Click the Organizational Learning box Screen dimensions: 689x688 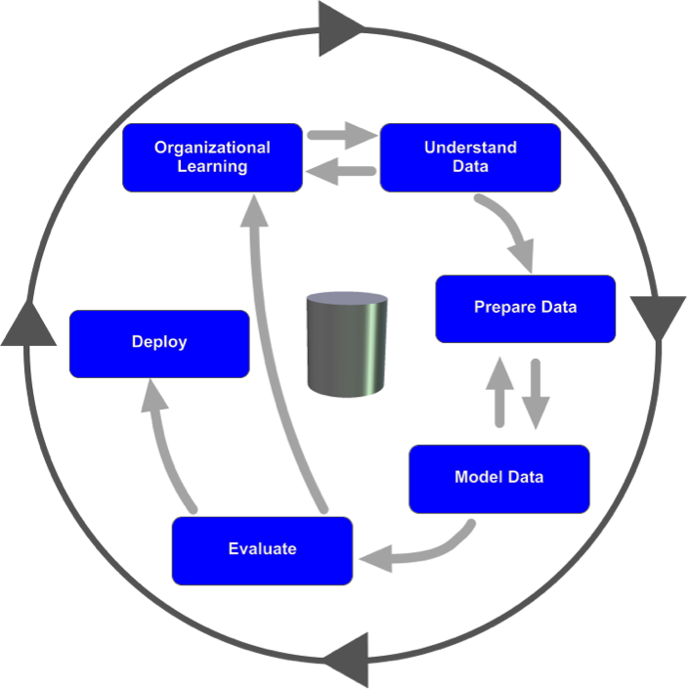click(212, 157)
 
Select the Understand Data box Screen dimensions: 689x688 click(470, 157)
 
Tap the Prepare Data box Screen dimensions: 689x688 click(525, 308)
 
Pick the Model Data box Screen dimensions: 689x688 click(498, 478)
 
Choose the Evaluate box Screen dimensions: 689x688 click(262, 549)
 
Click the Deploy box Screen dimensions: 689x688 click(159, 343)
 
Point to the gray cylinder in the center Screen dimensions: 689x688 click(345, 343)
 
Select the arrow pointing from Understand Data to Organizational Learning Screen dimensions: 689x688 click(341, 174)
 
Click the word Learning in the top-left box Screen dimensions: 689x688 click(212, 166)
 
